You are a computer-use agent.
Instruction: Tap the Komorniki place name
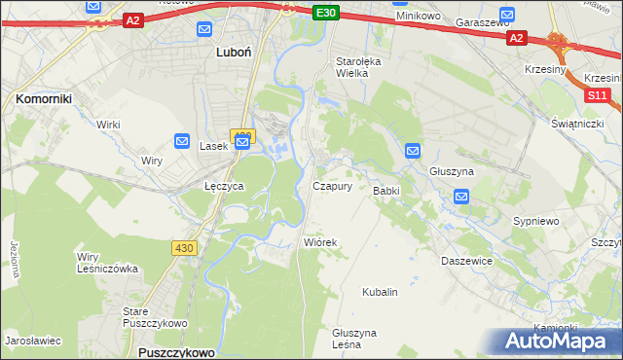pos(40,98)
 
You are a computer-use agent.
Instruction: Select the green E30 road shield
pos(327,13)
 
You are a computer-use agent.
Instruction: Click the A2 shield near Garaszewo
pos(517,38)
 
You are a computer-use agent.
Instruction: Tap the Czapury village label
pos(332,186)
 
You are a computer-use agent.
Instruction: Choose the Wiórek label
pos(319,242)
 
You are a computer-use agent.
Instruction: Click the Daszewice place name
pos(467,261)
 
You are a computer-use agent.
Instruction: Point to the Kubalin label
pos(380,291)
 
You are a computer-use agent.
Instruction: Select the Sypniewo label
pos(536,221)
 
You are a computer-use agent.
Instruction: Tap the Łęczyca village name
pos(223,185)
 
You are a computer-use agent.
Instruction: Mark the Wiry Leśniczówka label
pos(107,263)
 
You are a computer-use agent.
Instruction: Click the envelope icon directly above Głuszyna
pos(413,151)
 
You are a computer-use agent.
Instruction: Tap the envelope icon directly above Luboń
pos(203,29)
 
